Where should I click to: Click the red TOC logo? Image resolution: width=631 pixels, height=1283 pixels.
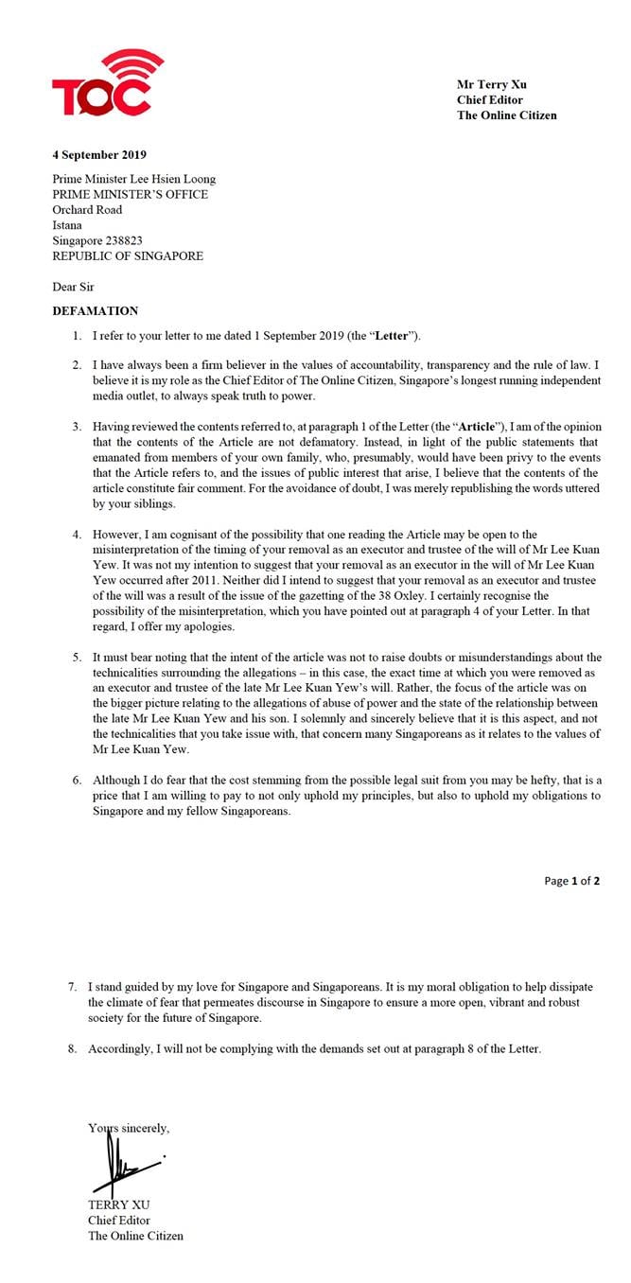tap(101, 85)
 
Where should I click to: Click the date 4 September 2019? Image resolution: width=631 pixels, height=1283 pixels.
tap(99, 155)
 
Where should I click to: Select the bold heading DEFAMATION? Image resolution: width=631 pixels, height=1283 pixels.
tap(95, 310)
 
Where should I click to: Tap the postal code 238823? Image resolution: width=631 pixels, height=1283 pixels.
tap(120, 240)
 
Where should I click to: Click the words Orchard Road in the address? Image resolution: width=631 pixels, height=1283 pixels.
tap(87, 210)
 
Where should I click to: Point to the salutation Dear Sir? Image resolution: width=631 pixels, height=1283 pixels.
tap(73, 286)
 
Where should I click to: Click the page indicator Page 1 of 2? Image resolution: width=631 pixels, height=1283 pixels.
tap(571, 881)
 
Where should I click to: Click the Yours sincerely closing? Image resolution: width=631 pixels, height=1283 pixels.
tap(129, 1128)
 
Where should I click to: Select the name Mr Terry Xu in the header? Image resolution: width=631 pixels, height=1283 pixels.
tap(492, 85)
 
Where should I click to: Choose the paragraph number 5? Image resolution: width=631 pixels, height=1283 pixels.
tap(77, 658)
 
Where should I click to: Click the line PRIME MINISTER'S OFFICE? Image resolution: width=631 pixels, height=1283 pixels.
tap(130, 195)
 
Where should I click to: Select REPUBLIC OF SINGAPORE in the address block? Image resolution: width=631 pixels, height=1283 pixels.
tap(127, 255)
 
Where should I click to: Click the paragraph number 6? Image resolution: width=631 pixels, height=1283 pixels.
tap(77, 780)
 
